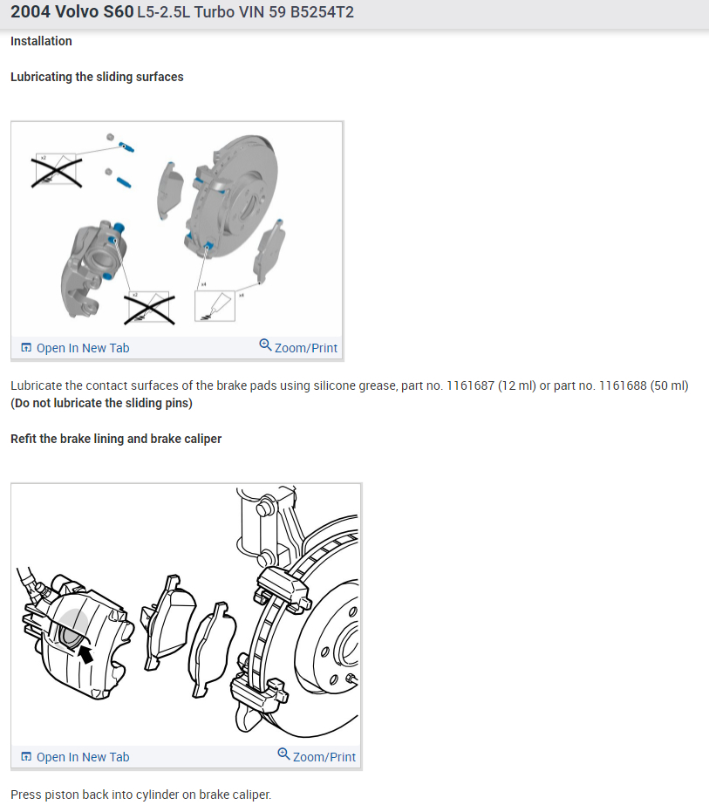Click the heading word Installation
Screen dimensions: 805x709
41,41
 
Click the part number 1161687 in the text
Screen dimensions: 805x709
471,385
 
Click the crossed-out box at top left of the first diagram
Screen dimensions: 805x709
57,170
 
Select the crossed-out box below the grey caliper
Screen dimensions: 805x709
149,307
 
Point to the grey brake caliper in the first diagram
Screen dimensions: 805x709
96,262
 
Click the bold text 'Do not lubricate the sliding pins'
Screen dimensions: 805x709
101,403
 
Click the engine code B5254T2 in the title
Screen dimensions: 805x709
317,12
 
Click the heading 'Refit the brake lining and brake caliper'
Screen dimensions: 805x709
116,439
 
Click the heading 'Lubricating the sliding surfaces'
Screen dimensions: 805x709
97,77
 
